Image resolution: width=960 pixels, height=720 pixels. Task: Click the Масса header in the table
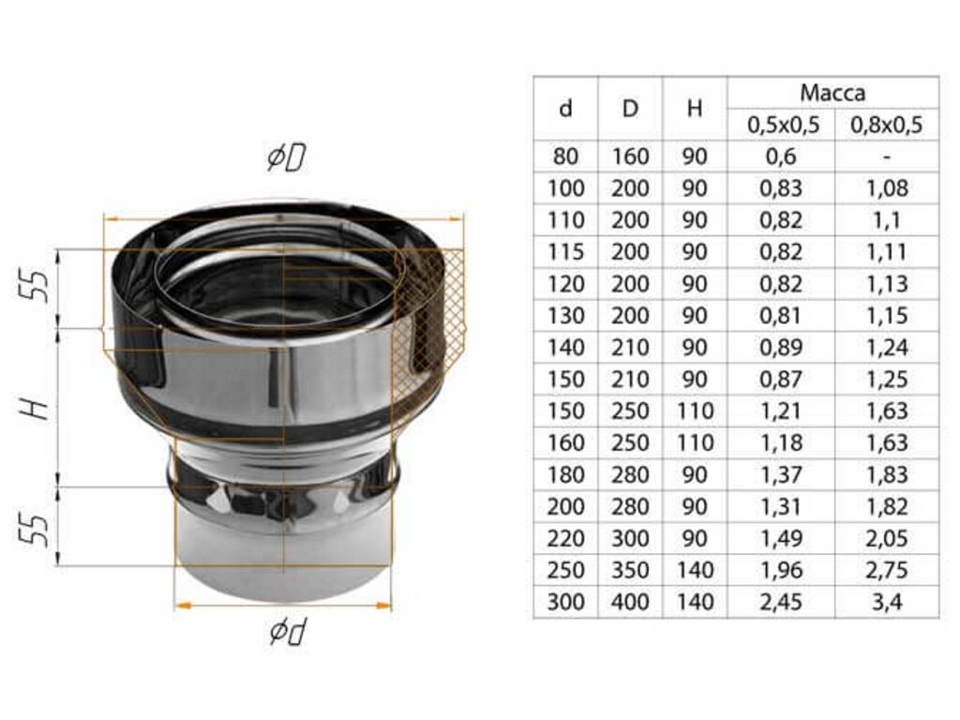click(x=832, y=93)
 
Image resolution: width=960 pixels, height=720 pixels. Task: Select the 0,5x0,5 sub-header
click(x=783, y=125)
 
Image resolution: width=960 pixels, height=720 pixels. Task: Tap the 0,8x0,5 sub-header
click(x=887, y=125)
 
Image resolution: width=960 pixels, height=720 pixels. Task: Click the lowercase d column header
click(x=565, y=109)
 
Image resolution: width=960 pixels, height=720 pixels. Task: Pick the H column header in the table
click(x=695, y=109)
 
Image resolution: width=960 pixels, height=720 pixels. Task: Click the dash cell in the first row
click(x=887, y=157)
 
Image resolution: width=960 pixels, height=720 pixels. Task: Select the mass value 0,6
click(x=781, y=157)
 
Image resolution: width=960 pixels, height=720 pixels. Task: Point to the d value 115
click(x=565, y=252)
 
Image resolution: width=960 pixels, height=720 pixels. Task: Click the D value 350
click(x=630, y=571)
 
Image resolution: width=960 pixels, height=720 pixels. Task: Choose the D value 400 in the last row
click(x=630, y=603)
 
